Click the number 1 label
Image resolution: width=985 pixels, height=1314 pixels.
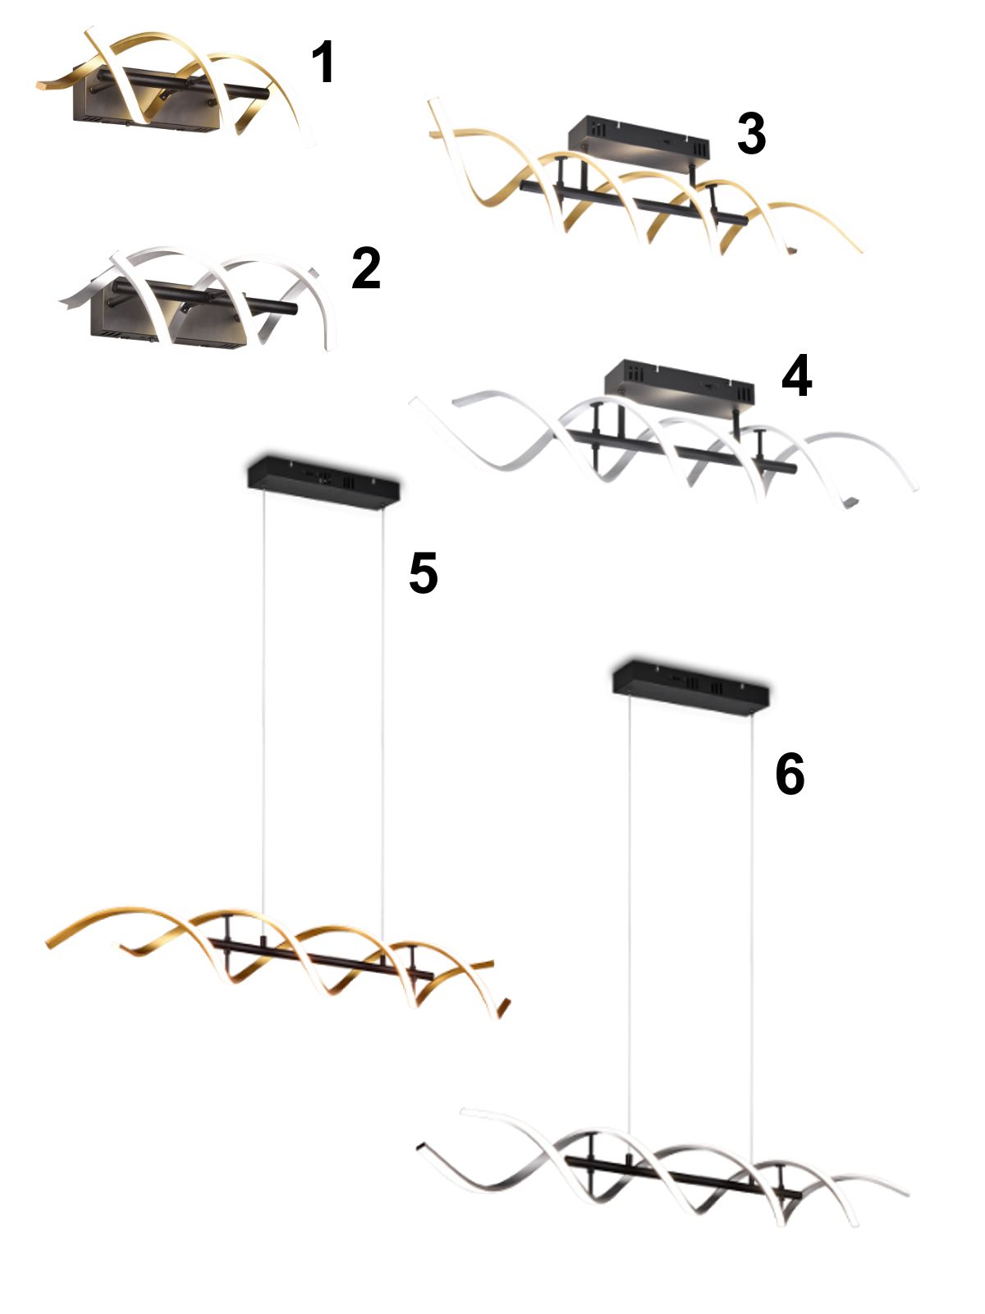323,62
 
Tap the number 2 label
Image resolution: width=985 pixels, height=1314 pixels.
366,269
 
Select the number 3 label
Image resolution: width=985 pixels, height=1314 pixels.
751,134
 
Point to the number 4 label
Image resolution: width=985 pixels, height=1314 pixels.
796,374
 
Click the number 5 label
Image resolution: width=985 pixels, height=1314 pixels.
424,572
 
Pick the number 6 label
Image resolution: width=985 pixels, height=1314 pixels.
790,774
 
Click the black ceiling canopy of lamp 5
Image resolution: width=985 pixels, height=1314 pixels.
323,483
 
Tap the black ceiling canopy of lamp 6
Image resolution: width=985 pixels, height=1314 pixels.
691,688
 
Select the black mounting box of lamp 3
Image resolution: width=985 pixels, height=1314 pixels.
638,145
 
